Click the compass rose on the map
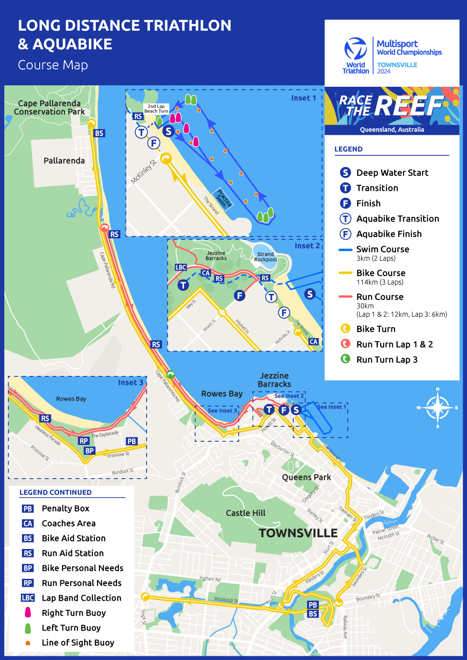pos(438,408)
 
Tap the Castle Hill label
pos(246,513)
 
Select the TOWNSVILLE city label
pos(298,533)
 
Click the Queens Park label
pos(306,477)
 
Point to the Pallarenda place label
pos(64,160)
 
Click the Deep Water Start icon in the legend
pos(345,173)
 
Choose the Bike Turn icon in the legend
pos(345,329)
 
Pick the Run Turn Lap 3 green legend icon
pos(345,359)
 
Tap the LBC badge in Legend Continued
pos(28,598)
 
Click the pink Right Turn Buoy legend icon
pos(28,612)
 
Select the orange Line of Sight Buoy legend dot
pos(28,643)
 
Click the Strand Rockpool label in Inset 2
pos(265,257)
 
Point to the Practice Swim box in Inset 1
pos(222,199)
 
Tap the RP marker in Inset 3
pos(84,441)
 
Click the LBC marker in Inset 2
pos(181,267)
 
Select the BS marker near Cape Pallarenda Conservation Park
pos(99,133)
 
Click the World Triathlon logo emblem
pos(356,49)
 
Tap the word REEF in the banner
pos(408,106)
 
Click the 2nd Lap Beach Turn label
pos(156,109)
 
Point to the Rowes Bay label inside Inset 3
pos(71,399)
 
